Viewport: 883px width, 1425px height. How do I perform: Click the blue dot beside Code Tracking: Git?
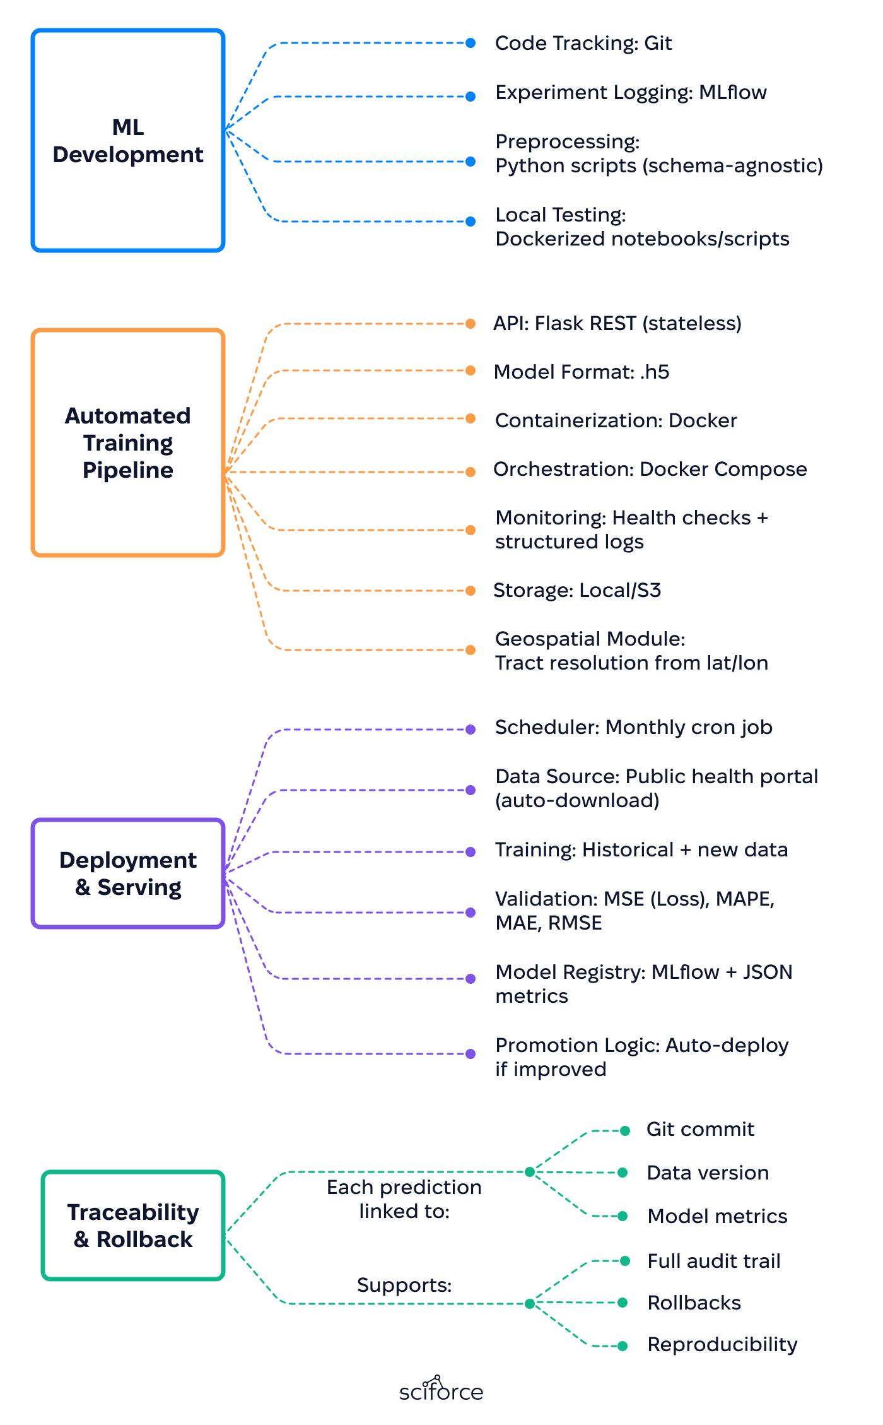471,43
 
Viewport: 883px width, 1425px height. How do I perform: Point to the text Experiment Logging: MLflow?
631,93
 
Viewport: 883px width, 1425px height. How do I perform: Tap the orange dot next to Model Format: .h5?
471,370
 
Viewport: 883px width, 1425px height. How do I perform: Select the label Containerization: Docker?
616,420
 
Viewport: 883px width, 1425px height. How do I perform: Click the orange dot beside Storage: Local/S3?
471,591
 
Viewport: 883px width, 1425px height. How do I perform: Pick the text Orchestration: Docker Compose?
650,469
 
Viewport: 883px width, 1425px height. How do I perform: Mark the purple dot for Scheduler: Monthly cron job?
471,730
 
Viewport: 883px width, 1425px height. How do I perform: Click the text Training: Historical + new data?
641,850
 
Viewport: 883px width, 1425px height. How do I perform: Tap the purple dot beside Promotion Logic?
471,1054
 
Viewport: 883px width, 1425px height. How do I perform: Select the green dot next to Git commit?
625,1131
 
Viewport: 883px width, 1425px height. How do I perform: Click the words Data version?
708,1173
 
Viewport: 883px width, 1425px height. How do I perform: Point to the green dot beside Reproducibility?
623,1346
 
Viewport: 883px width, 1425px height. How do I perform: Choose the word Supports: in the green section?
404,1285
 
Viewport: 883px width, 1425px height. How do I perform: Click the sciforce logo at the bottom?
441,1389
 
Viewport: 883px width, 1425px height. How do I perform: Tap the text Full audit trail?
714,1261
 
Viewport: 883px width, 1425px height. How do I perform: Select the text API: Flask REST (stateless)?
617,324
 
